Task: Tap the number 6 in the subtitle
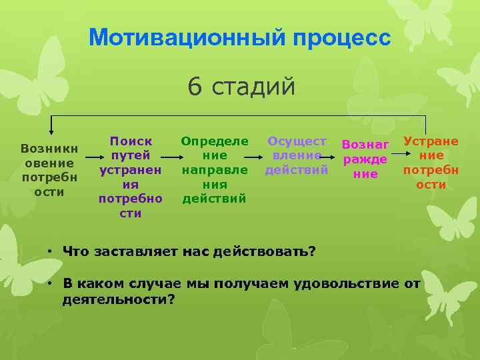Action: [x=195, y=87]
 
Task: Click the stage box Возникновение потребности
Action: [x=49, y=169]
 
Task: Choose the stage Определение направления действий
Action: [x=215, y=170]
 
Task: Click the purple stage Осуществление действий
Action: [x=297, y=155]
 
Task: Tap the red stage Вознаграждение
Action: [x=365, y=159]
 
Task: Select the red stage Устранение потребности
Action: [x=431, y=163]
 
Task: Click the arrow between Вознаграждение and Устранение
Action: [x=397, y=154]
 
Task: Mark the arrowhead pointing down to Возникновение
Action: [x=51, y=133]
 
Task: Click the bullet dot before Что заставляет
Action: [x=49, y=252]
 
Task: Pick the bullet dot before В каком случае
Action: [x=49, y=284]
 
